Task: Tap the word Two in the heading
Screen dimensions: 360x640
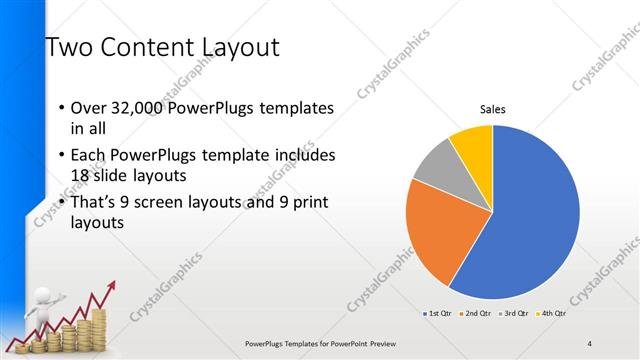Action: click(x=65, y=47)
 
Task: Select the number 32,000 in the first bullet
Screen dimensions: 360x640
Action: click(x=135, y=108)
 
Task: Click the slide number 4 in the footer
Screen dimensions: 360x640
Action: click(x=590, y=344)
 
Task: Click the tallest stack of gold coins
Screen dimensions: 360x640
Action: click(x=97, y=328)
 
